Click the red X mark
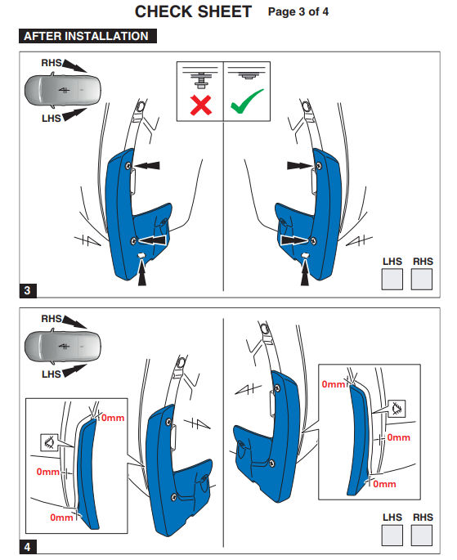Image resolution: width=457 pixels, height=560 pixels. coord(200,105)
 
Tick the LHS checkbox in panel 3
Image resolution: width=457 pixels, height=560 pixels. coord(392,279)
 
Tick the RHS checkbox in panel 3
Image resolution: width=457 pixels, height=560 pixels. coord(422,279)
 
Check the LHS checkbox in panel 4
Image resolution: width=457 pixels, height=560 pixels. coord(392,535)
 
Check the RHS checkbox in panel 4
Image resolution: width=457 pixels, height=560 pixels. coord(422,535)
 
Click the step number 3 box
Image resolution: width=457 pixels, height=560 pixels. coord(28,290)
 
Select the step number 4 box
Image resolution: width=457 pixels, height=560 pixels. coord(28,547)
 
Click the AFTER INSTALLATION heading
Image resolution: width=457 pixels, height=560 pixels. coord(87,36)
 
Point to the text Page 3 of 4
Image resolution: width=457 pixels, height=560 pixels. coord(298,11)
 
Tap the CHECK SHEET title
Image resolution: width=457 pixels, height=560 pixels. coord(193,11)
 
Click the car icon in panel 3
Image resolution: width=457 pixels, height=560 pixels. coord(62,91)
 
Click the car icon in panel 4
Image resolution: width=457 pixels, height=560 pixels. coord(62,347)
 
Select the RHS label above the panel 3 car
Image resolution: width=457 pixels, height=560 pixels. coord(51,63)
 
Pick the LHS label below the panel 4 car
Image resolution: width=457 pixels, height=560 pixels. coord(51,374)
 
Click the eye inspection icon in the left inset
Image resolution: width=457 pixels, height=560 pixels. coord(49,442)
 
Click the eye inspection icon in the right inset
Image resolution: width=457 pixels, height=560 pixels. coord(397,408)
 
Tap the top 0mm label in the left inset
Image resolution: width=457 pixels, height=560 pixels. coord(113,418)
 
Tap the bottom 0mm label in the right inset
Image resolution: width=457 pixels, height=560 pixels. coord(384,484)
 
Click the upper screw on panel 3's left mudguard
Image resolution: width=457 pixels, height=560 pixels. coord(128,165)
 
